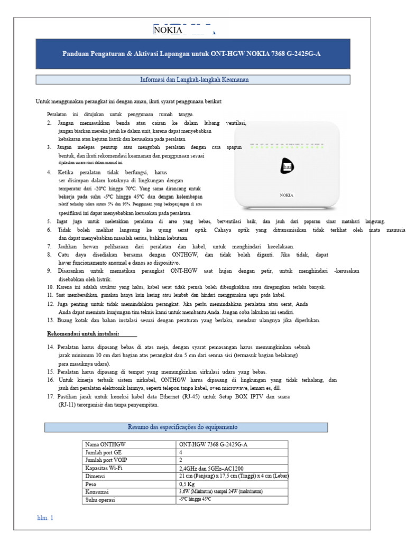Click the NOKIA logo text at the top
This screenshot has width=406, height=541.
pyautogui.click(x=168, y=30)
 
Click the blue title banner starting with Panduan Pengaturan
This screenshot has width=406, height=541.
pyautogui.click(x=192, y=53)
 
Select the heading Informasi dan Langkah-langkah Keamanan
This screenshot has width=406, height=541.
pyautogui.click(x=192, y=80)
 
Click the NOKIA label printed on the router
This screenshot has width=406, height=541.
pyautogui.click(x=286, y=195)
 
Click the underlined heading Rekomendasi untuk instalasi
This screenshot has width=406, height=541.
pyautogui.click(x=81, y=334)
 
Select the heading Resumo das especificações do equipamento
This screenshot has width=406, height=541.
pyautogui.click(x=186, y=427)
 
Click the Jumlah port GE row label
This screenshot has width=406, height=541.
pyautogui.click(x=103, y=453)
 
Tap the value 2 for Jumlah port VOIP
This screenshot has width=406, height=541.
pyautogui.click(x=181, y=460)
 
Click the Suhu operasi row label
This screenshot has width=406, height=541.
pyautogui.click(x=100, y=499)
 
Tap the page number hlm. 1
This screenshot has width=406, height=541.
pyautogui.click(x=45, y=518)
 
